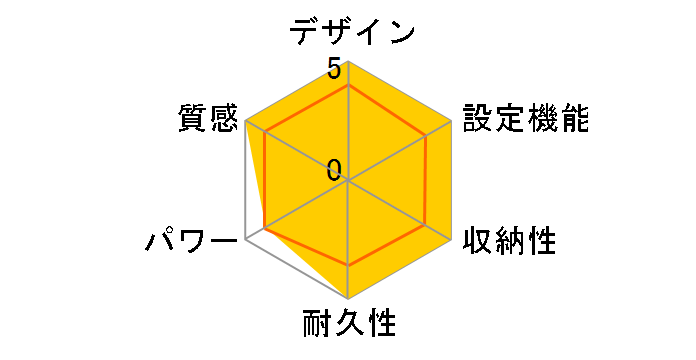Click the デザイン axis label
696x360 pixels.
(x=351, y=32)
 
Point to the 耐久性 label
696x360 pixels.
(x=349, y=325)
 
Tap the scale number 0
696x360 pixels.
(x=334, y=168)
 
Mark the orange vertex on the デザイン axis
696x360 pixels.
(x=348, y=86)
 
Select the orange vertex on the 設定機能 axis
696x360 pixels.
(x=429, y=135)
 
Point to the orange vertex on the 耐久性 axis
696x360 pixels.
(x=348, y=266)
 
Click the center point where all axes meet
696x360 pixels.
(x=348, y=181)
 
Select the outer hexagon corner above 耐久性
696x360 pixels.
(x=348, y=299)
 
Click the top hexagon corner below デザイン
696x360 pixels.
(x=348, y=63)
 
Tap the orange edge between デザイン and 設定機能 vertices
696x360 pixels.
(x=389, y=110)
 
